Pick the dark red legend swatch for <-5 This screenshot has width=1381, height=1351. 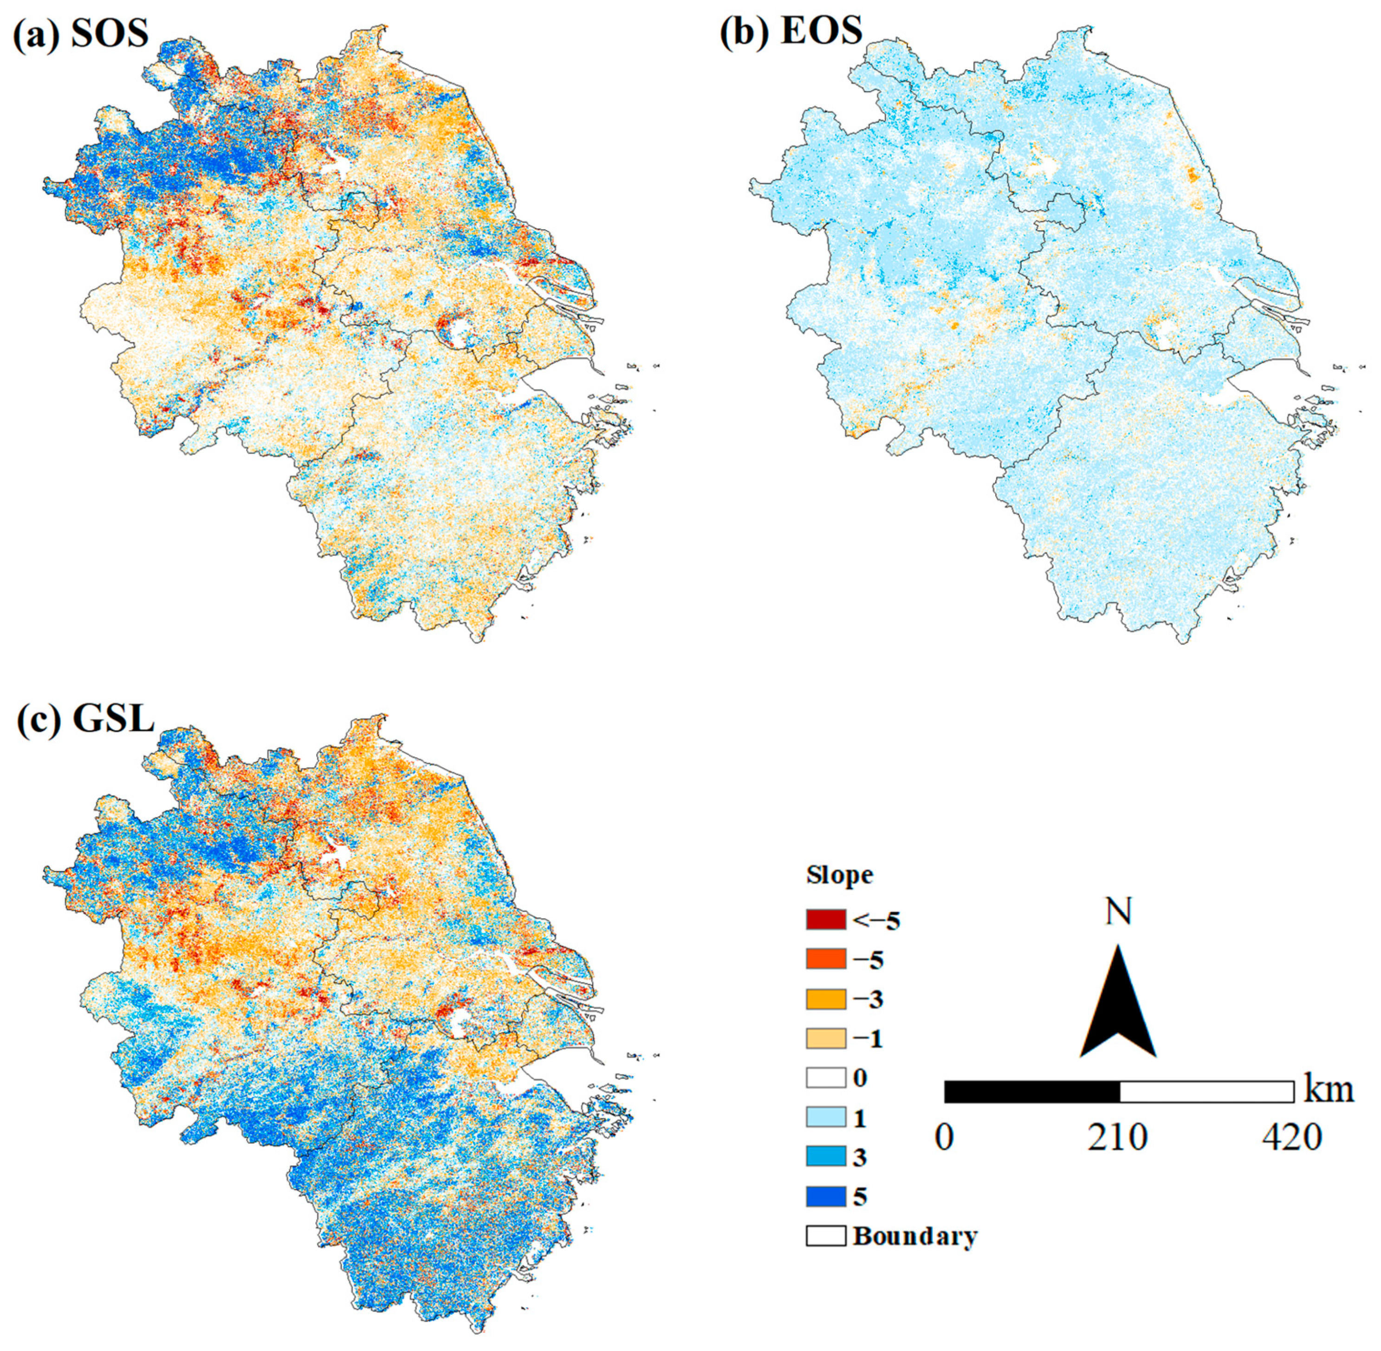[x=825, y=919]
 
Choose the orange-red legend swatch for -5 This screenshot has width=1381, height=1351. [x=825, y=959]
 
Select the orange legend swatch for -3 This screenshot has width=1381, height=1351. [x=825, y=999]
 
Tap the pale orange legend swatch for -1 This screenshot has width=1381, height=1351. [x=825, y=1039]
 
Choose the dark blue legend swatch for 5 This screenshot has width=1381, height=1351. [x=825, y=1196]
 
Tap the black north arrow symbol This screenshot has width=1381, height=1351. [x=1118, y=1008]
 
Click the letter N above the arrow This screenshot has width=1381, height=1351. [x=1118, y=911]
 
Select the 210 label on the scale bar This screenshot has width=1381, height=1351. [x=1118, y=1138]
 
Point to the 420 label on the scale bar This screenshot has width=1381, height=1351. [x=1291, y=1138]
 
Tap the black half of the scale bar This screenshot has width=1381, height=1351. [x=1032, y=1091]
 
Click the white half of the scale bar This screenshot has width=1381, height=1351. [x=1206, y=1091]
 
